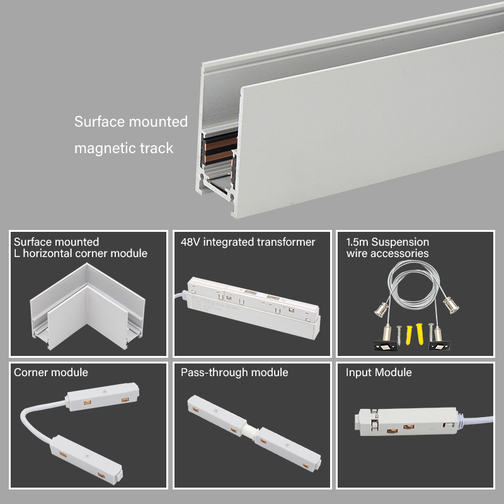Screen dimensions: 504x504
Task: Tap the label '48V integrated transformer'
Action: (x=248, y=242)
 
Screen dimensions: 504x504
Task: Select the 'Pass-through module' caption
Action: (x=234, y=372)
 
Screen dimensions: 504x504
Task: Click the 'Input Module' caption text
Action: (x=379, y=372)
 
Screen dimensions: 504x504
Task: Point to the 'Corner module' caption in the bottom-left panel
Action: (x=51, y=372)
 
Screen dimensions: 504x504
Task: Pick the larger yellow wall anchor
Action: (x=420, y=334)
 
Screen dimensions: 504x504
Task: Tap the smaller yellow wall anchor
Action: (x=409, y=335)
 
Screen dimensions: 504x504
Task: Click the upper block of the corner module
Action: (x=102, y=396)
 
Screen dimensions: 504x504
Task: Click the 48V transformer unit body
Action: (x=254, y=307)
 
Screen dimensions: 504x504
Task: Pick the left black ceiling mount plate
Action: (x=384, y=345)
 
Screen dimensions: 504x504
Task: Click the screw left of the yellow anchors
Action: (x=399, y=335)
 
